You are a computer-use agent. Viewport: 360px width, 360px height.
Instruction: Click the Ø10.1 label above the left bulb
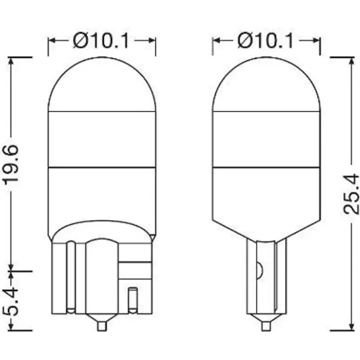(101, 41)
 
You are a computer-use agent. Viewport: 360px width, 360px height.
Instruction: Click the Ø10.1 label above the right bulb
(266, 41)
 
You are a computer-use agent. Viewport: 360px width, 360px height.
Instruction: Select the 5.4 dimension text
(11, 301)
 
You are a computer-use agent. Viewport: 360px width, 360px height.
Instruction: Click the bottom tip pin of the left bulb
(102, 326)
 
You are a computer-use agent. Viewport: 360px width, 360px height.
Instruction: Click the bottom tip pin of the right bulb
(266, 326)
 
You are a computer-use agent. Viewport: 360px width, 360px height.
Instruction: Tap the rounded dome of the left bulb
(102, 84)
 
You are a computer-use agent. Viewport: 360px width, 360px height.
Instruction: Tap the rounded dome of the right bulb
(266, 84)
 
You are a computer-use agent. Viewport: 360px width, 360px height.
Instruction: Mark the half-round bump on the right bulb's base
(259, 270)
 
